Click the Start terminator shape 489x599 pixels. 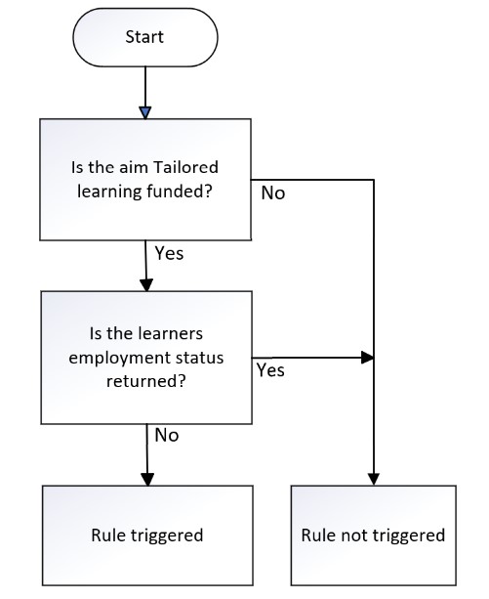(145, 37)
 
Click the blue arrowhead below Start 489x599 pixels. (145, 112)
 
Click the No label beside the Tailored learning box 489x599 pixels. (273, 193)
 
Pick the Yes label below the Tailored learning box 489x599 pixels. (169, 253)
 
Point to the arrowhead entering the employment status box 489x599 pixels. (146, 285)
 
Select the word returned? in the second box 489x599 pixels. (146, 381)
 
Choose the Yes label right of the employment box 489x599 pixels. (270, 370)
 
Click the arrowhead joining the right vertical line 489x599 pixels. (367, 358)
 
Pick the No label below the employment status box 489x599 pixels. (167, 435)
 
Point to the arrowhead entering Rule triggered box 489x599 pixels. (147, 480)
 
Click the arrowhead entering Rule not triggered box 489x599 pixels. (374, 479)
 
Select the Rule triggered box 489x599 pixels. (147, 535)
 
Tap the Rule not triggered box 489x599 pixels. (374, 535)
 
